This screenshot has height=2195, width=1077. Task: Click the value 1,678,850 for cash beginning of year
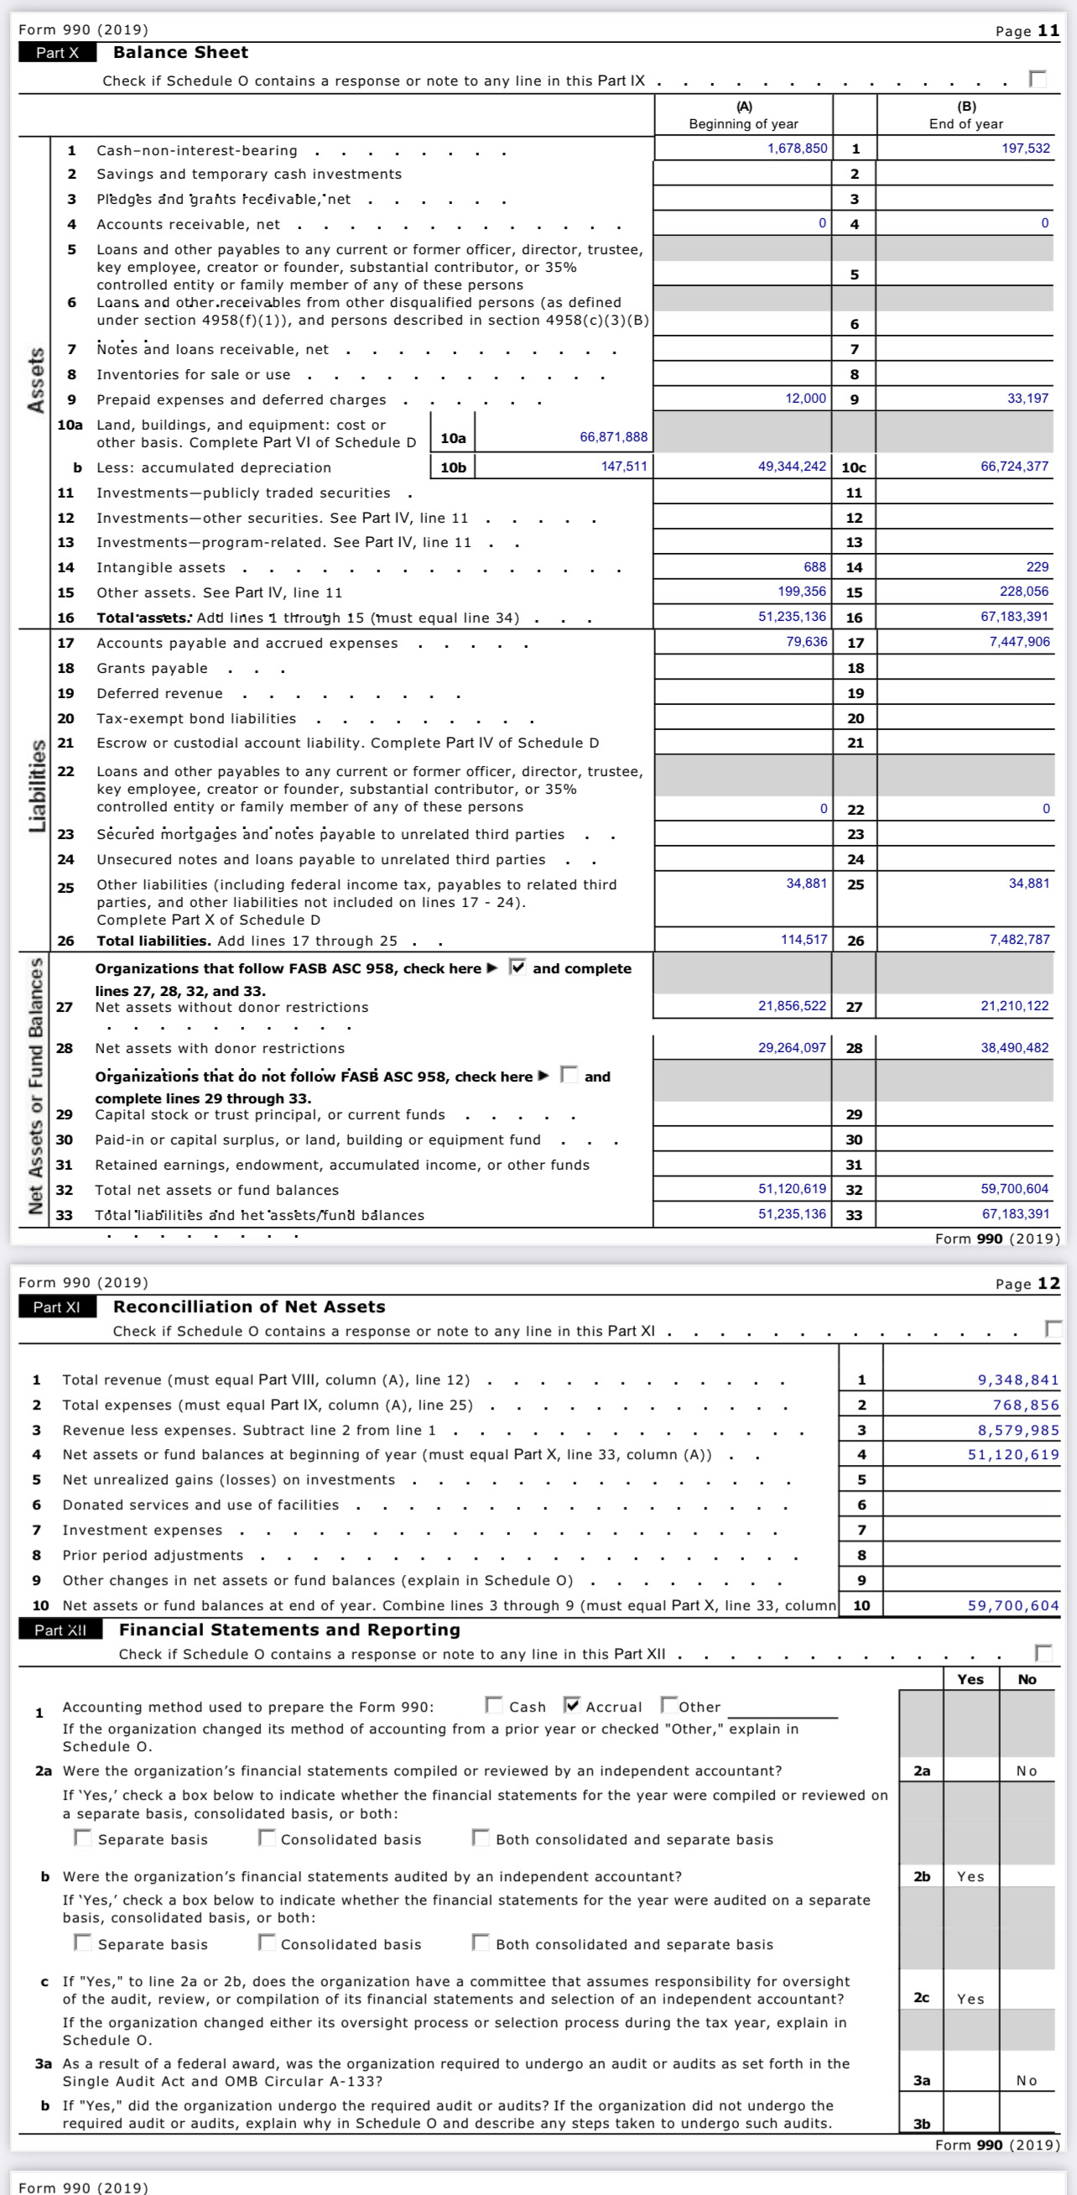point(797,149)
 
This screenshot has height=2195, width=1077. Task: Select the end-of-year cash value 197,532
point(1025,149)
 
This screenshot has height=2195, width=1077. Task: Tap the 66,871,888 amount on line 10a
point(612,437)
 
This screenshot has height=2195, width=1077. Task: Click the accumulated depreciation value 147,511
point(624,466)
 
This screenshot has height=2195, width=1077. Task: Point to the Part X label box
point(56,53)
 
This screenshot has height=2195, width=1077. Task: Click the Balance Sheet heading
point(180,53)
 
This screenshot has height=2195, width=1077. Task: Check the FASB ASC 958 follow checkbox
point(518,967)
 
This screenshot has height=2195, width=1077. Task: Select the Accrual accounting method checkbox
point(573,1705)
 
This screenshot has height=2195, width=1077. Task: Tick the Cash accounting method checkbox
point(493,1705)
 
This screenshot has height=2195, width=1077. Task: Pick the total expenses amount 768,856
point(1025,1405)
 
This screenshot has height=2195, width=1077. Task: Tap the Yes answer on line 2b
point(970,1876)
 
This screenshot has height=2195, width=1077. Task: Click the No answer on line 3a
point(1026,2080)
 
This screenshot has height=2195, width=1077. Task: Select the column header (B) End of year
point(965,115)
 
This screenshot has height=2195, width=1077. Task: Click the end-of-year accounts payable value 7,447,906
point(1019,642)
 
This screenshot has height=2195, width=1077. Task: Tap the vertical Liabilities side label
point(37,785)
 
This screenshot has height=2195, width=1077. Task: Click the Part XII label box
point(60,1629)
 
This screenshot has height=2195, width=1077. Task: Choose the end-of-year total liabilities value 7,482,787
point(1019,939)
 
